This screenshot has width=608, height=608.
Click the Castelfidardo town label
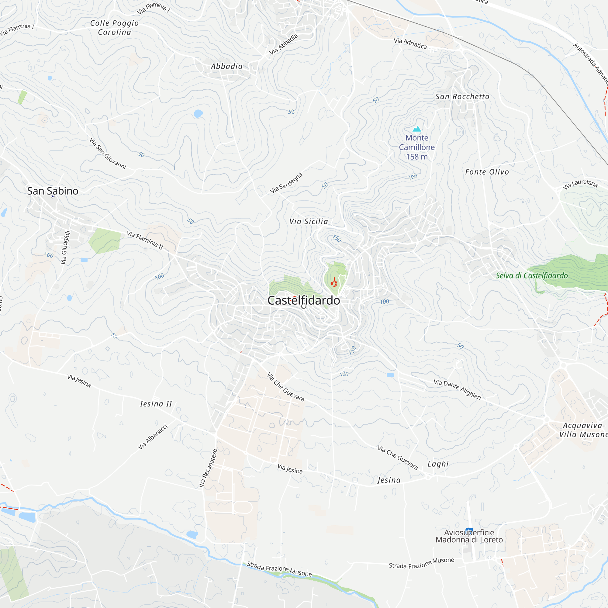[x=304, y=301]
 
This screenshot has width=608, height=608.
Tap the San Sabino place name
[x=53, y=191]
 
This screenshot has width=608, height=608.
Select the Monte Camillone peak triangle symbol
[x=417, y=129]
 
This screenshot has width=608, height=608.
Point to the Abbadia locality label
[x=227, y=66]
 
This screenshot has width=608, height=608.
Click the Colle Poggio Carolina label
[x=114, y=28]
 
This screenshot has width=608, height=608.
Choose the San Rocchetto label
[x=462, y=97]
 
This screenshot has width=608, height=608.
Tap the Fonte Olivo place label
[x=487, y=172]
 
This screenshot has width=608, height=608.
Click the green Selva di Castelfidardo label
[x=532, y=276]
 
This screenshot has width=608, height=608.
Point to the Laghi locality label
[x=438, y=464]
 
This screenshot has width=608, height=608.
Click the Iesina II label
[x=156, y=404]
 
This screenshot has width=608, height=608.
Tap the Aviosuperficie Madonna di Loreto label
[x=469, y=536]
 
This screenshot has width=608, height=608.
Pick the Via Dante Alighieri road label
[x=458, y=389]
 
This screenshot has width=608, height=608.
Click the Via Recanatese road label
[x=208, y=468]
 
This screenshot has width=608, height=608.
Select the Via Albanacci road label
[x=153, y=437]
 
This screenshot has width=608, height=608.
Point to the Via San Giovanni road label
[x=108, y=154]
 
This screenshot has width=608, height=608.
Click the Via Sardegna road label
[x=286, y=183]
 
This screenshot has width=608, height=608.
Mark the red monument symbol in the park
[x=334, y=283]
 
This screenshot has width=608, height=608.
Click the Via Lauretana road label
[x=580, y=184]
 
